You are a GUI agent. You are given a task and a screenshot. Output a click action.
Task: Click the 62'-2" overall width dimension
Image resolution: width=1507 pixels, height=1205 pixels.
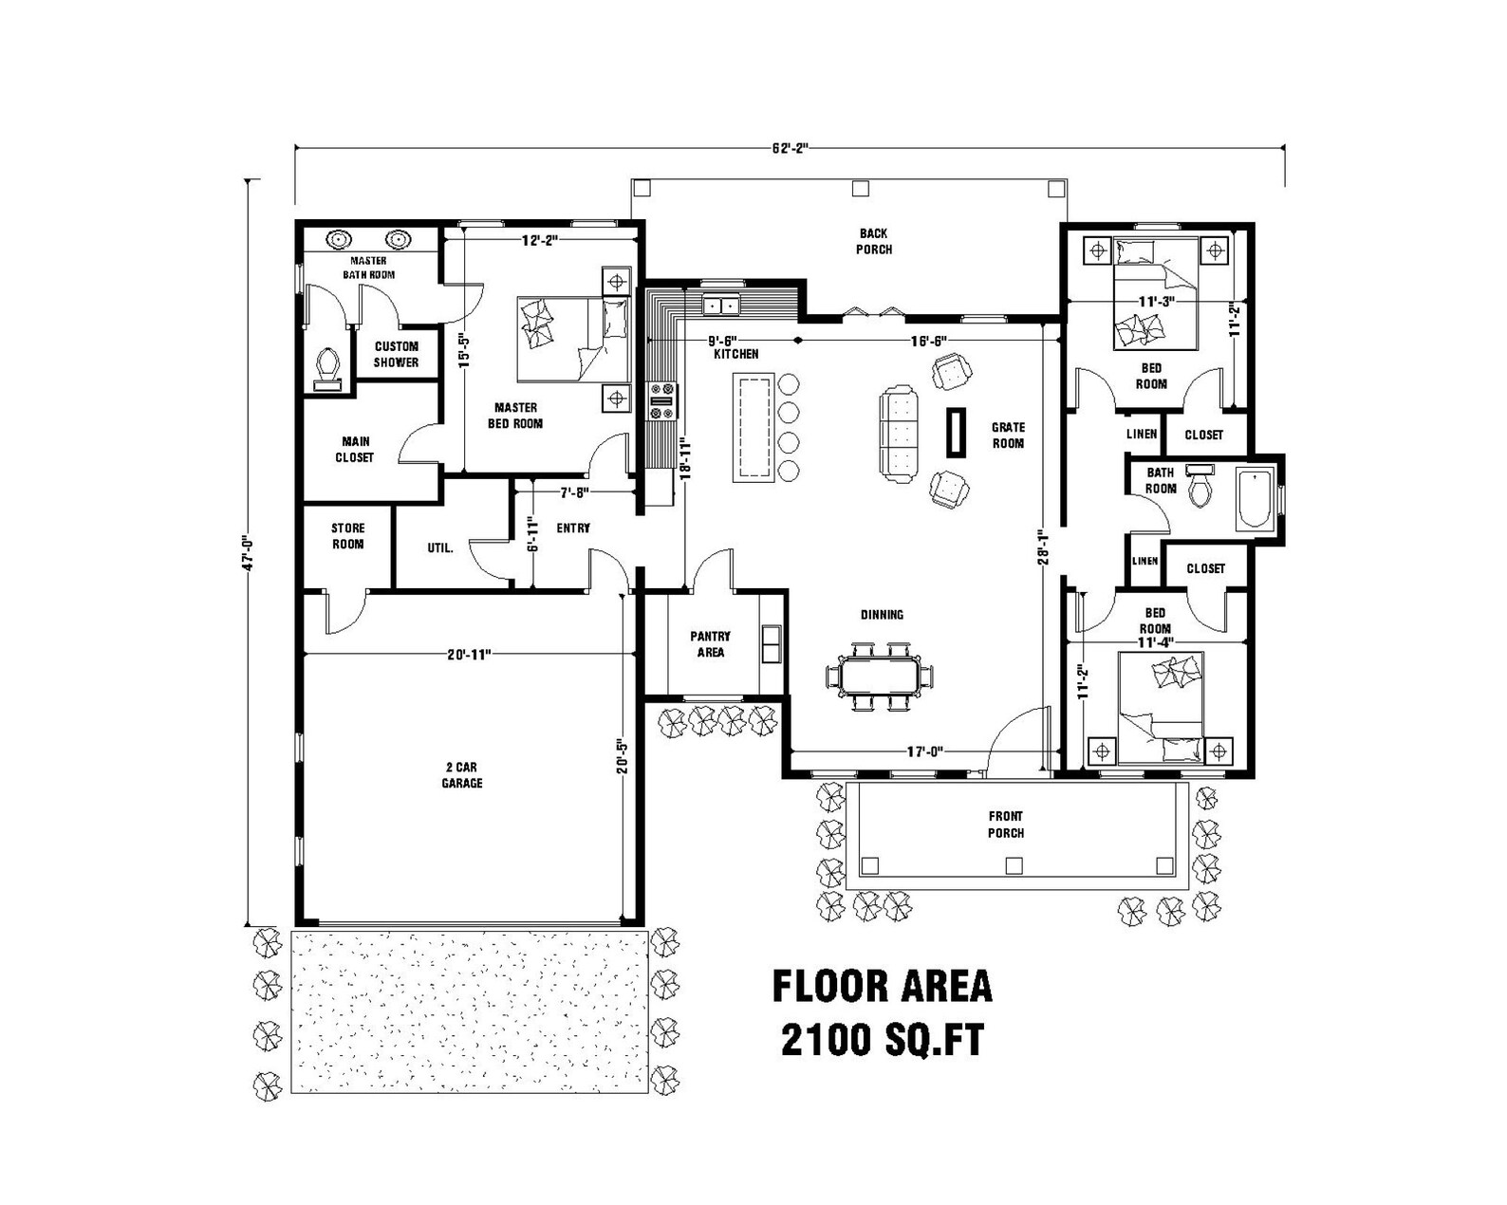point(789,148)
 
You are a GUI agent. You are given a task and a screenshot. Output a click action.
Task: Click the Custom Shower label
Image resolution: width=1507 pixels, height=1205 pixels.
point(396,354)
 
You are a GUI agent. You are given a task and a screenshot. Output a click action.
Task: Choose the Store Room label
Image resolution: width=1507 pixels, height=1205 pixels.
point(347,536)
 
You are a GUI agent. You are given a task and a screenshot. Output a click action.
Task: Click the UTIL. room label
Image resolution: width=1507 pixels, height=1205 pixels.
point(440,547)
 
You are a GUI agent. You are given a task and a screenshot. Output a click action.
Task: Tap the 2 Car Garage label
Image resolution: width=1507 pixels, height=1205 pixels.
point(462,775)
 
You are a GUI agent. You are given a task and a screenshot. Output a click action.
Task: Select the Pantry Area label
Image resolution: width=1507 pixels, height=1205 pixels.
point(710,644)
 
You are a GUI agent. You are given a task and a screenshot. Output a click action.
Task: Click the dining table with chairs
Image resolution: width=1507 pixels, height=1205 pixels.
point(880,677)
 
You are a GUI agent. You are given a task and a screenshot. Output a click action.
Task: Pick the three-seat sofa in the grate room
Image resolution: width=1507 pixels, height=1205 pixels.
point(899,434)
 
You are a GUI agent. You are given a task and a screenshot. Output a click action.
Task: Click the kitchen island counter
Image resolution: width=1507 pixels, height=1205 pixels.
point(753,427)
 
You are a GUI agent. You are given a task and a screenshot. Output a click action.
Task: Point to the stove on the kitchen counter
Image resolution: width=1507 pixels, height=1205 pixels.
point(661,401)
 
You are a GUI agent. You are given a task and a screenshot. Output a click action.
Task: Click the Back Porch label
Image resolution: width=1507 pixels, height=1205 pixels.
point(874,241)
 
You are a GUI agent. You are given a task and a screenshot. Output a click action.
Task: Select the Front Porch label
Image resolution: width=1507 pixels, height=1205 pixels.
point(1006,825)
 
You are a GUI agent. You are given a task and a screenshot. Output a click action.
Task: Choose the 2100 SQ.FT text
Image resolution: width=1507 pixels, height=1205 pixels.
point(882,1041)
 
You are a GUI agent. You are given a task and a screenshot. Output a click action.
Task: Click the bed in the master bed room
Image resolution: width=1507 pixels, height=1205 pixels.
point(573,340)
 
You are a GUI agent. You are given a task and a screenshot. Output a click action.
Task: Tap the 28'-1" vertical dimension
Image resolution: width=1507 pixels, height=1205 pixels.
point(1044,548)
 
